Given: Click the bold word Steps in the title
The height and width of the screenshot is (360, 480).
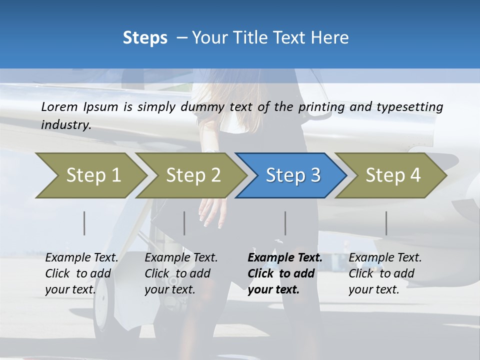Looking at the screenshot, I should [x=145, y=38].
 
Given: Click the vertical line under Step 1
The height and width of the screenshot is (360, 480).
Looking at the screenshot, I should [x=84, y=223].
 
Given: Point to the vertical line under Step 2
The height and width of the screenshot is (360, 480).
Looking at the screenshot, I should [x=184, y=223].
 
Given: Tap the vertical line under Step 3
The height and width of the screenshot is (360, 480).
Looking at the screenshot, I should [x=285, y=223].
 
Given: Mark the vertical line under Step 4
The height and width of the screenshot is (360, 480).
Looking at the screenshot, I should [x=386, y=223].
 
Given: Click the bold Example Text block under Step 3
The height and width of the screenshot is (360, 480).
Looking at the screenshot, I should [x=285, y=273].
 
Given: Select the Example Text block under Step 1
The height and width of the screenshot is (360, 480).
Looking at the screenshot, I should [x=81, y=273].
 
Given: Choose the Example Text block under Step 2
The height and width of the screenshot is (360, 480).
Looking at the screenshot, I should [x=181, y=273].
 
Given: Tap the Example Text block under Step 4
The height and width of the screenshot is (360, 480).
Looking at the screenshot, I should [x=385, y=273].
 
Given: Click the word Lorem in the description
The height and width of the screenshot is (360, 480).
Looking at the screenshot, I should [x=59, y=107].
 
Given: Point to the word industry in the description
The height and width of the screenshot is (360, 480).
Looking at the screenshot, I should [x=65, y=125].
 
